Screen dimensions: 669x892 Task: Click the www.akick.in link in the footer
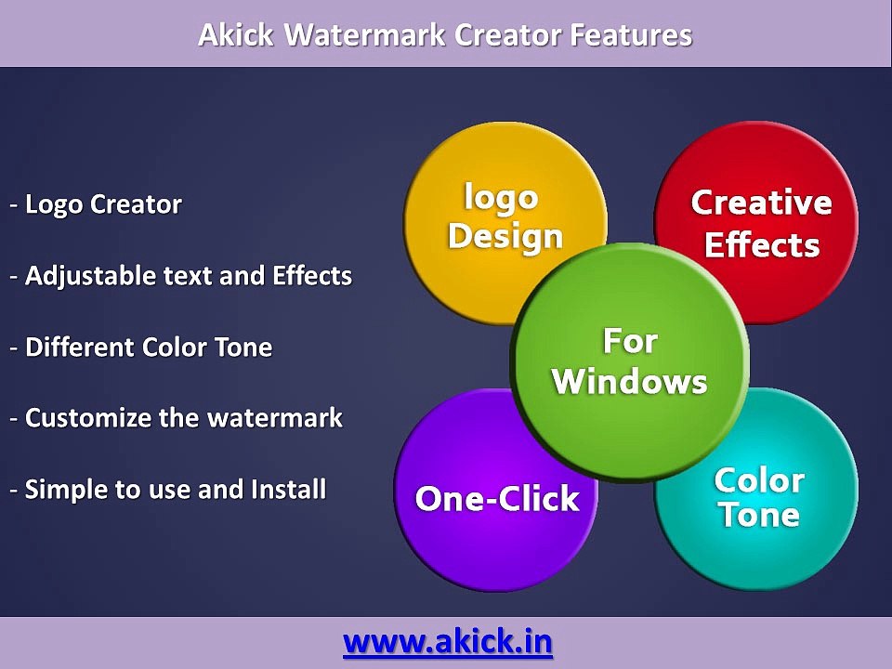coord(448,641)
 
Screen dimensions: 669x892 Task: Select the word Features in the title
coord(631,35)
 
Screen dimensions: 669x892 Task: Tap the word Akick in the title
coord(236,35)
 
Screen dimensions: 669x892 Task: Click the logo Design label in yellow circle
coord(505,216)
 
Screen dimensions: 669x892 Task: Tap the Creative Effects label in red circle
coord(761,224)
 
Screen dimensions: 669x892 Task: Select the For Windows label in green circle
coord(630,361)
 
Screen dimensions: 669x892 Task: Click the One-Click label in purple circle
coord(497,499)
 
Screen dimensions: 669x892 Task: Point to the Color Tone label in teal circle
coord(758,498)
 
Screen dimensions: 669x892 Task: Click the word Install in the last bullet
coord(289,489)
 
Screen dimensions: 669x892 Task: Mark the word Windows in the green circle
coord(630,382)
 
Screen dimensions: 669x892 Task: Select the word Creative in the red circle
coord(761,203)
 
